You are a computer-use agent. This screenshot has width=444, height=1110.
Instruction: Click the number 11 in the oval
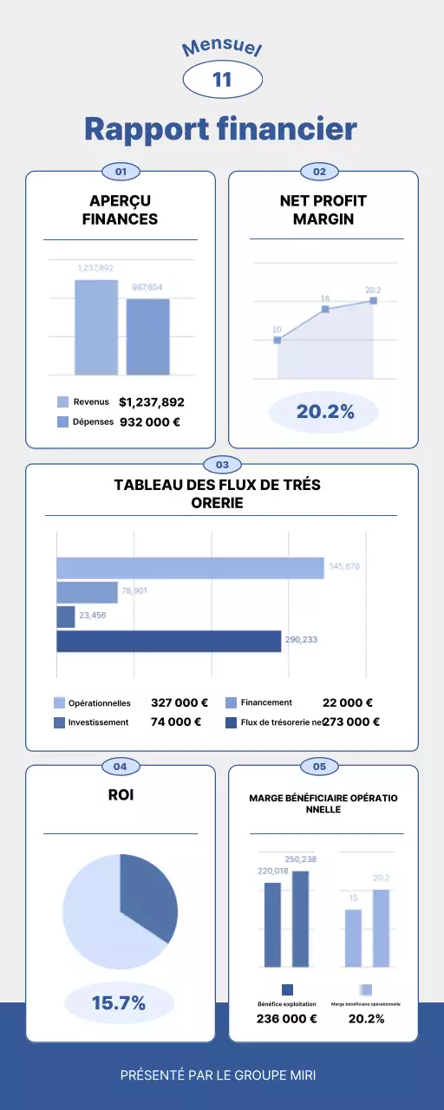pos(222,80)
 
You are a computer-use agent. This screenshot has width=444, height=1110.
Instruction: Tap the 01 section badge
pos(121,172)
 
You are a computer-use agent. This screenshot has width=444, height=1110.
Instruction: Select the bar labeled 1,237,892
pos(95,327)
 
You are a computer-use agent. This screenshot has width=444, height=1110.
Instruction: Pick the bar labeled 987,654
pos(147,336)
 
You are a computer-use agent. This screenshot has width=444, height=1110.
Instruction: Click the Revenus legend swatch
pos(62,402)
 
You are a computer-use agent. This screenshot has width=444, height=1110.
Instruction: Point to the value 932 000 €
pos(149,422)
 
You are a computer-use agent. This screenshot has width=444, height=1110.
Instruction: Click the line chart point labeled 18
pos(325,309)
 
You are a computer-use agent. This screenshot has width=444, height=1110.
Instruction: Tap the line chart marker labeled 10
pos(277,340)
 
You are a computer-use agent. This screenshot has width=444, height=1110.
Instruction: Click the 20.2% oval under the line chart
pos(325,412)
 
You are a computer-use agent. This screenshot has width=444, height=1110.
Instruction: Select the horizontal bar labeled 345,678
pos(190,568)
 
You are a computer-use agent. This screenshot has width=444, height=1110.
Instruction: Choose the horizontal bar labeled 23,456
pos(66,617)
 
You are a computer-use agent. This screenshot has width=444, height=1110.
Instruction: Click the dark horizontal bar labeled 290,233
pos(169,641)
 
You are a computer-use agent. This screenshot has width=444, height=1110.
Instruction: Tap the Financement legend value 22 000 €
pos(347,703)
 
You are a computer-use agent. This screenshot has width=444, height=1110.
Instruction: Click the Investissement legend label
pos(98,721)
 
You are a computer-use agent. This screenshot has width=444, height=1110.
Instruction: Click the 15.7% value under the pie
pos(119,1003)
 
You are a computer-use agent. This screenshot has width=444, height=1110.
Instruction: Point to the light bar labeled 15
pos(353,938)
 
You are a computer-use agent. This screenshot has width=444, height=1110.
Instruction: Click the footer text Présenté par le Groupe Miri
pos(218,1075)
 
